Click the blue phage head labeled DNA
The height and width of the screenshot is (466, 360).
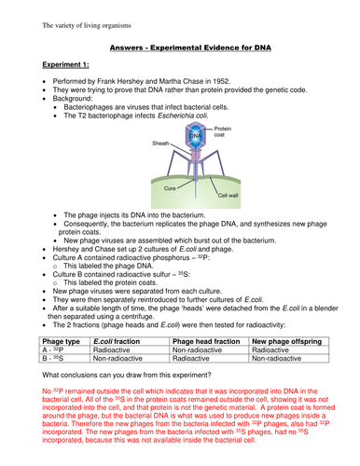(194, 140)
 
